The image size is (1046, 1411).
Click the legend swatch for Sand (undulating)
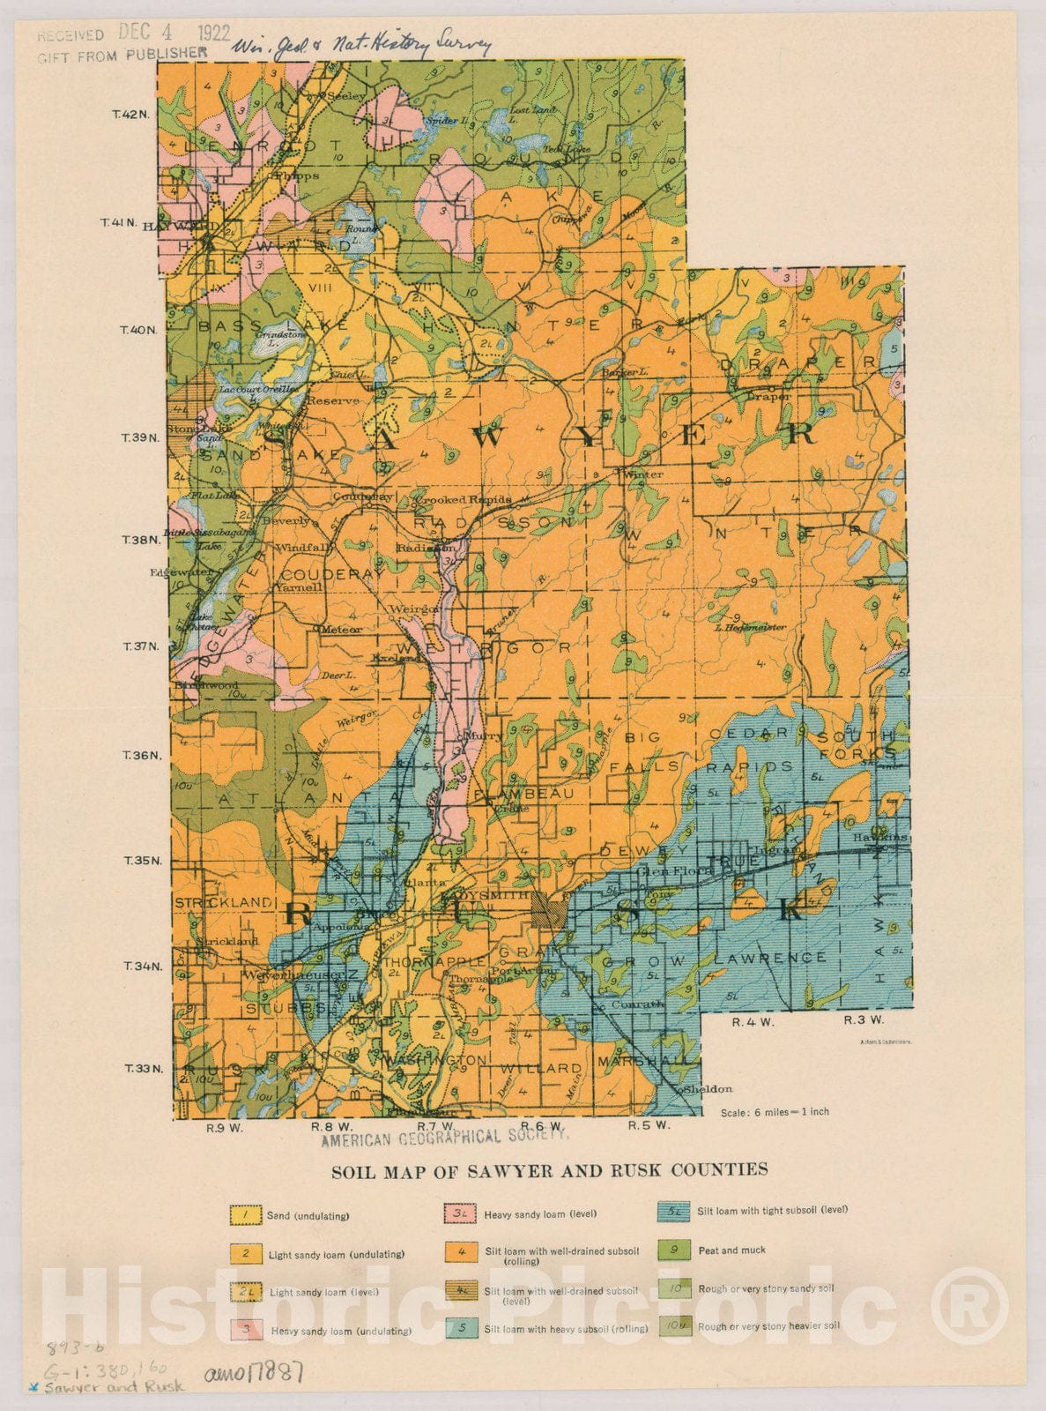point(247,1215)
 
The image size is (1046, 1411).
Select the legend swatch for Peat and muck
point(674,1250)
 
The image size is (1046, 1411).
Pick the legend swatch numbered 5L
point(674,1211)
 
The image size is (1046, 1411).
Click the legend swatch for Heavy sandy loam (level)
point(458,1214)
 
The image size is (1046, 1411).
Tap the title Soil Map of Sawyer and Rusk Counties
point(549,1170)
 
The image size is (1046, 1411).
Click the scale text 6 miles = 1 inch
point(775,1112)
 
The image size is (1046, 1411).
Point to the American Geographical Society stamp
point(444,1139)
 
